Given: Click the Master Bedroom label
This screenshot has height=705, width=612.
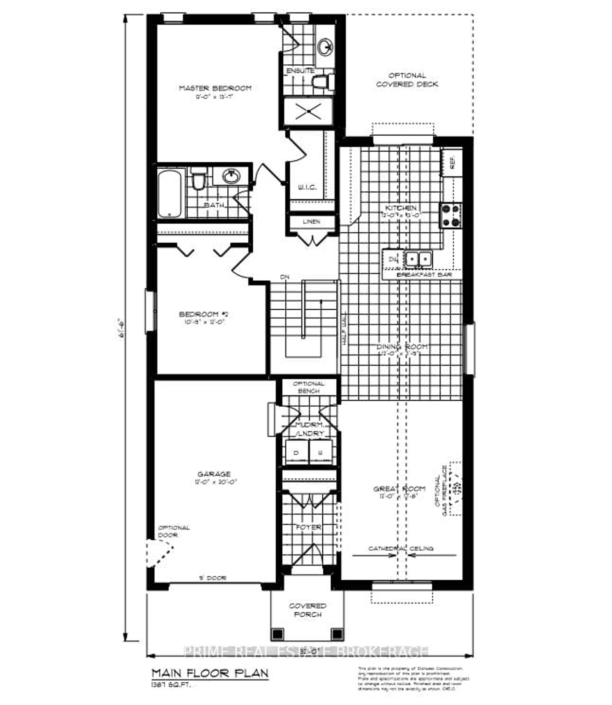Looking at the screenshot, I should pos(215,88).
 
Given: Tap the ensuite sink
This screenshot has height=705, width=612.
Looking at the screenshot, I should pos(324,47).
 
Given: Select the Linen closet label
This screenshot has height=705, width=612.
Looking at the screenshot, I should pos(311,222).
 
